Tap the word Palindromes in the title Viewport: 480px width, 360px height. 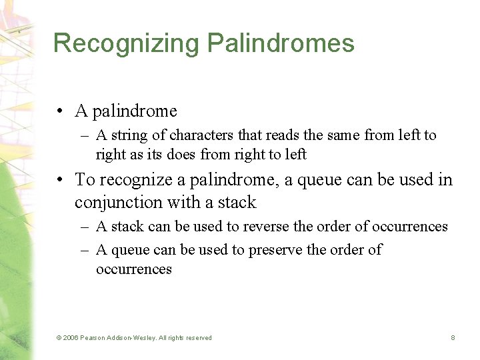point(281,43)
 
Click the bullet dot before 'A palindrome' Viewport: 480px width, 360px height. point(61,111)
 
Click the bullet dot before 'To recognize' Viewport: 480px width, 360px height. point(61,180)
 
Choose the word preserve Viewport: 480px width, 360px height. point(279,250)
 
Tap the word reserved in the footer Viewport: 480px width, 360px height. point(197,338)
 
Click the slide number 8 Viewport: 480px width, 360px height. point(453,338)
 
